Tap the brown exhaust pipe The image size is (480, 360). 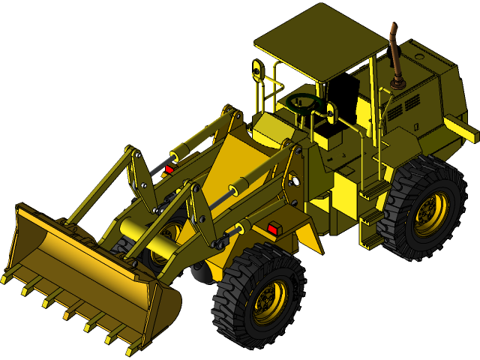pyautogui.click(x=394, y=56)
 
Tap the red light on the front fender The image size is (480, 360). pyautogui.click(x=274, y=228)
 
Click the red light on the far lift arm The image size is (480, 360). pyautogui.click(x=169, y=169)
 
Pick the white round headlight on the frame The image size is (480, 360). pyautogui.click(x=294, y=181)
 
